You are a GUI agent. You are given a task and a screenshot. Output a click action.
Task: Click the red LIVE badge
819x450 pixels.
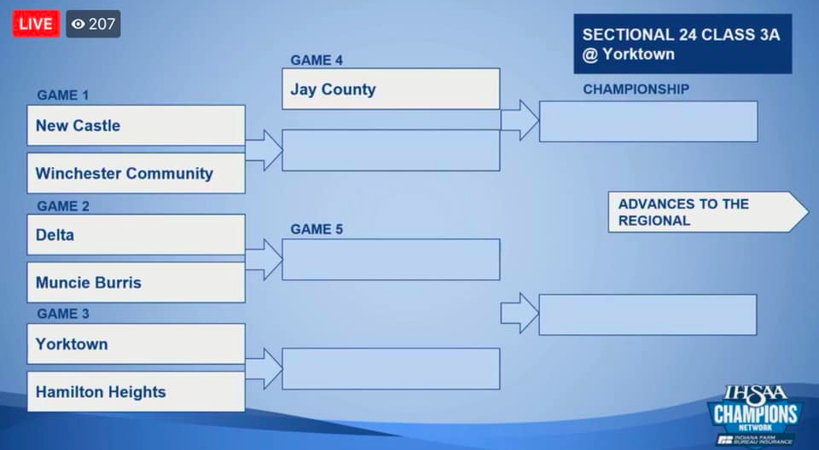[36, 24]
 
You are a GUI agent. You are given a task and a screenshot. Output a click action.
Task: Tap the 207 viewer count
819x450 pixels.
[93, 24]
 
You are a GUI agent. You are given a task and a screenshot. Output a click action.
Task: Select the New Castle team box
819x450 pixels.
[136, 125]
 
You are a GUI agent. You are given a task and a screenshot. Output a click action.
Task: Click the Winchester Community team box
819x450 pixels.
[136, 173]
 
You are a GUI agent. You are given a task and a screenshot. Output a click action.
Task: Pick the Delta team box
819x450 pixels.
[136, 235]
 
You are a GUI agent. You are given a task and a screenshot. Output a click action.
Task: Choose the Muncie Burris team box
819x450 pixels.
[136, 282]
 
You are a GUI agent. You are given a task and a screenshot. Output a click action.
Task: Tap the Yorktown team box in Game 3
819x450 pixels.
[136, 344]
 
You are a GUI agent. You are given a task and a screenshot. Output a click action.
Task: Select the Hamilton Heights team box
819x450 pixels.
[136, 391]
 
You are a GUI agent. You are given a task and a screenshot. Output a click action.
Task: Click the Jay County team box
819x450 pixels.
[391, 89]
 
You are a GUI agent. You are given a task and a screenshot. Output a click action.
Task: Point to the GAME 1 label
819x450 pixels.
[62, 95]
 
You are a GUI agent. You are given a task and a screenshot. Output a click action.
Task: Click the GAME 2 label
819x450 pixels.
[62, 206]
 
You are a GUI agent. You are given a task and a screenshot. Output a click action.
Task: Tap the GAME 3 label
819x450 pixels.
[62, 314]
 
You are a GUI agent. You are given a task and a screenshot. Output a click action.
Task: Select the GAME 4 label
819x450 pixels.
[317, 61]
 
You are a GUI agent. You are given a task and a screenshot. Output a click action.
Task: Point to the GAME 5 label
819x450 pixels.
[317, 230]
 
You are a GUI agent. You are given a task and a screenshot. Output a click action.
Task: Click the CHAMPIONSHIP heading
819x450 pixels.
[636, 89]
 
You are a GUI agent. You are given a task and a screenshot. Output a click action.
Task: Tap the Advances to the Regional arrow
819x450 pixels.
[708, 212]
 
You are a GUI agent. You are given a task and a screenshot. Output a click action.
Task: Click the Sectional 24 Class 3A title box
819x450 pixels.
[682, 43]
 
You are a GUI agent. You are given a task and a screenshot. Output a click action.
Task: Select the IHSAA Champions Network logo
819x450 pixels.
[755, 415]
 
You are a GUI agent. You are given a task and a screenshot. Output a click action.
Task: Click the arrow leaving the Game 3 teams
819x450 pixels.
[264, 368]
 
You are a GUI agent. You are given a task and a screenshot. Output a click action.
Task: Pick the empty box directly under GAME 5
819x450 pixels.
[391, 259]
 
